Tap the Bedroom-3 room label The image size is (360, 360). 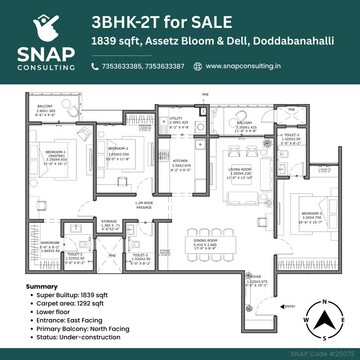(313, 214)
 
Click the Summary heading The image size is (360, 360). (42, 286)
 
